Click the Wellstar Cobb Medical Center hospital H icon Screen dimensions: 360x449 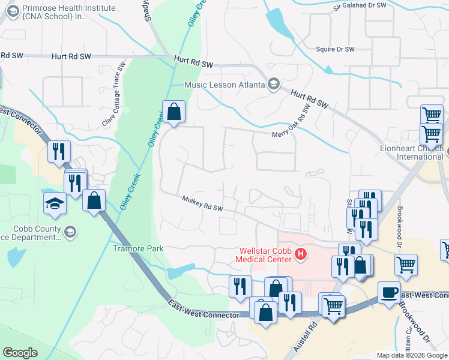[x=301, y=256]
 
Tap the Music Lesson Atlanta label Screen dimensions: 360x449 [x=224, y=85]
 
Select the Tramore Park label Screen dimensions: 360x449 [x=139, y=248]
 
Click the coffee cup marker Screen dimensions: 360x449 [x=389, y=292]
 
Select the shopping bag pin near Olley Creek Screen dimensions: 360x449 [x=173, y=112]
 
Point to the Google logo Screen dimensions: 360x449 [x=20, y=353]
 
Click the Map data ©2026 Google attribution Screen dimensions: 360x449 [x=412, y=355]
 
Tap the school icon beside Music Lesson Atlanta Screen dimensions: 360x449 [x=274, y=84]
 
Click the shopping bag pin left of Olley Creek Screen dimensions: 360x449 [x=94, y=200]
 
